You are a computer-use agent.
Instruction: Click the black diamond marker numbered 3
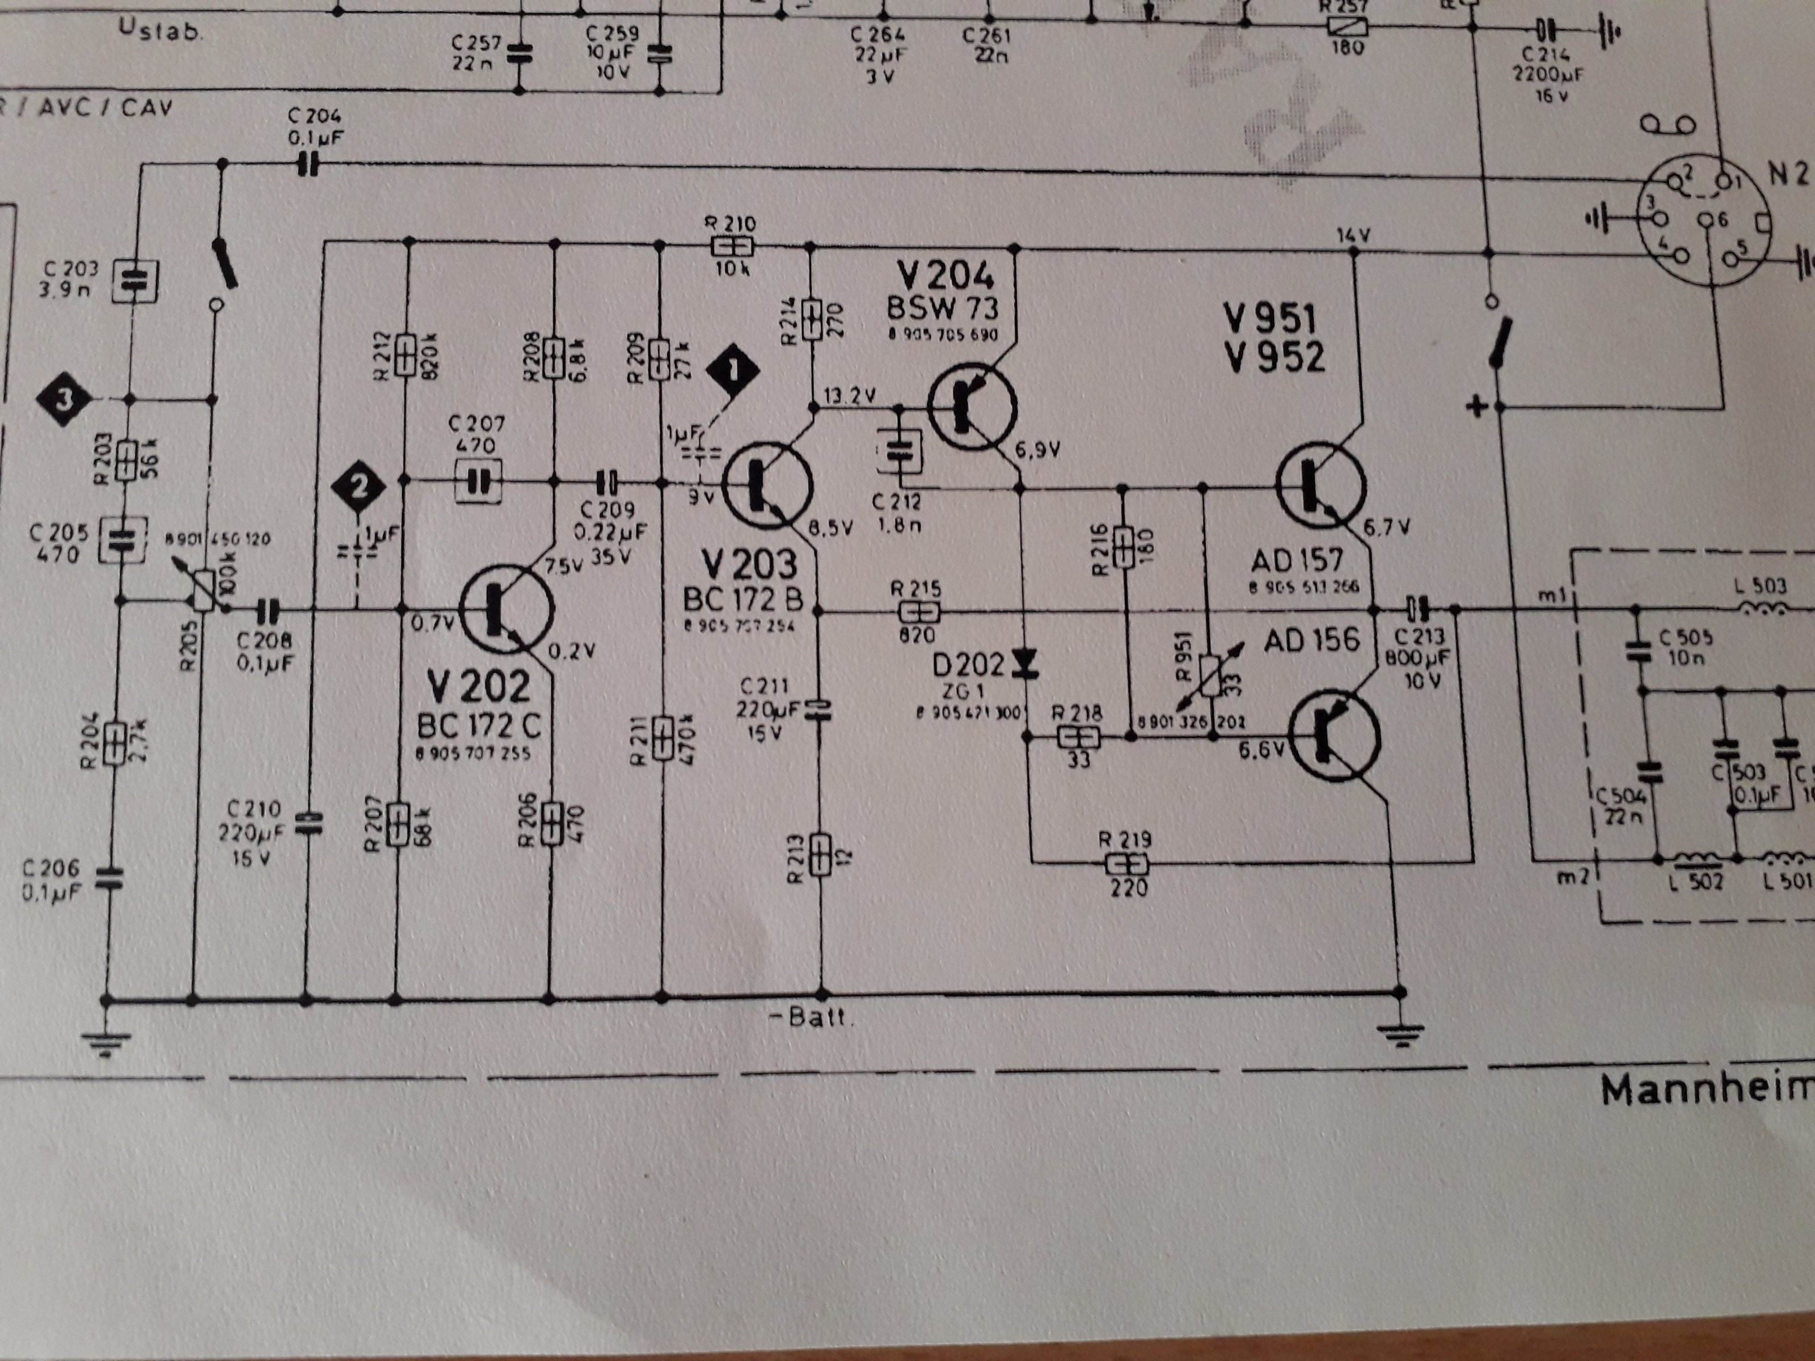pos(65,400)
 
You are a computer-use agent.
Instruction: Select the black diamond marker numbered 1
pos(733,371)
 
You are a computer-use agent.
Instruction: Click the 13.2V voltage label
pos(849,395)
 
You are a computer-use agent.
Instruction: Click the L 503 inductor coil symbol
pos(1762,610)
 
